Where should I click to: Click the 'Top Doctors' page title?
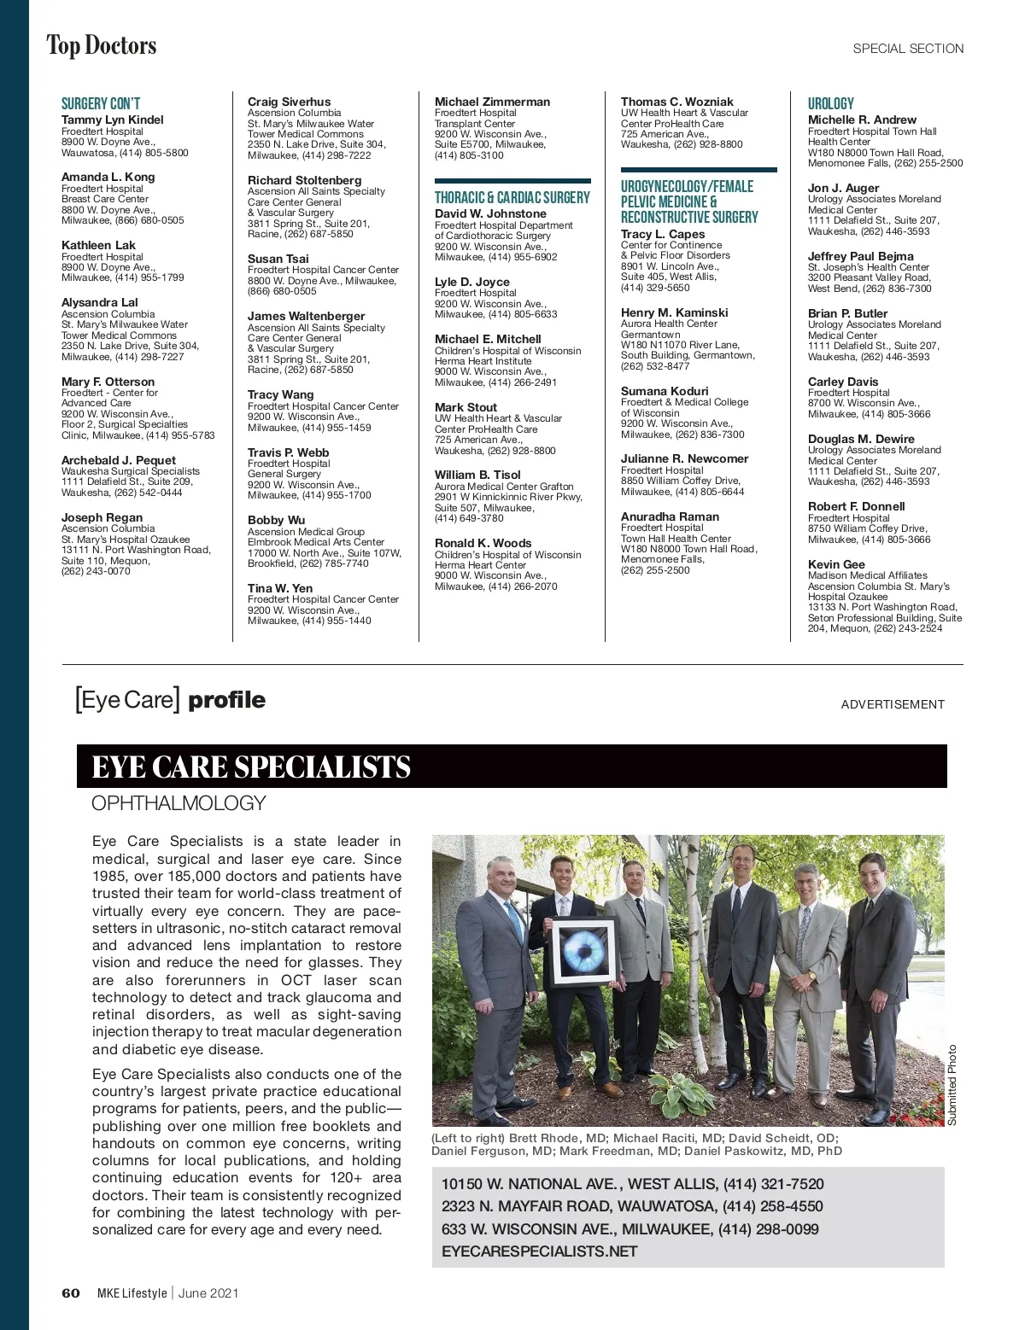102,45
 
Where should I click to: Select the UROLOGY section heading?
830,103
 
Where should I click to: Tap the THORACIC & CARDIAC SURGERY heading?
512,197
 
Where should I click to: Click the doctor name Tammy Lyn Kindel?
112,120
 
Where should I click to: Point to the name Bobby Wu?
276,520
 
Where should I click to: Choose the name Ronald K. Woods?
483,543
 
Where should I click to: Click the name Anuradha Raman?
670,516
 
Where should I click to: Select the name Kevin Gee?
836,564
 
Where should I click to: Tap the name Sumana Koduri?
665,391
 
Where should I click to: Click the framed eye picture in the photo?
583,951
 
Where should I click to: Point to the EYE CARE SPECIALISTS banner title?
251,767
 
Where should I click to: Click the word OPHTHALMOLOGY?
179,803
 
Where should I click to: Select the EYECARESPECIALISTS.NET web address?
540,1251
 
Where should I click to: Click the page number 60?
71,1292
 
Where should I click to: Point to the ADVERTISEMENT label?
893,704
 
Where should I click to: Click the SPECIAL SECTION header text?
908,49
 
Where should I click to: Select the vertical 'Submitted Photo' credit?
952,1085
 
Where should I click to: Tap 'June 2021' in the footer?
208,1292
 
